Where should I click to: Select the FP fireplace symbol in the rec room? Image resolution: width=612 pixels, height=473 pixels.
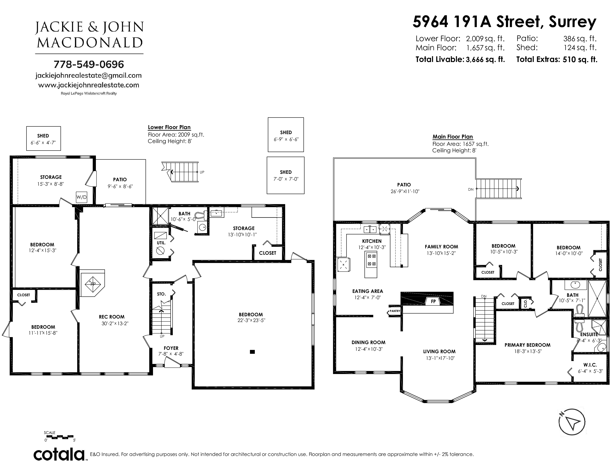click(93, 283)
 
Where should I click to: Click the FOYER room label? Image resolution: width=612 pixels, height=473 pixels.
click(171, 348)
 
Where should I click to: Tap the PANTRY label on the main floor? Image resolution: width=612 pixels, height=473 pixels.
click(395, 311)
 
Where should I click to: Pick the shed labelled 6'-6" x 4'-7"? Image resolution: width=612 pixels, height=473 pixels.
click(43, 138)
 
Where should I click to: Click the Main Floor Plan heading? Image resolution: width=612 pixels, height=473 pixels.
click(453, 137)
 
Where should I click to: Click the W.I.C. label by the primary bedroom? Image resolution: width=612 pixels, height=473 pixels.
click(590, 365)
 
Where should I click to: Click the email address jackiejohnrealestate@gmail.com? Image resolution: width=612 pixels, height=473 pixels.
click(88, 75)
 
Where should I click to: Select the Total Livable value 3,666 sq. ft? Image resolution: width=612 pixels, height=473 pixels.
click(485, 59)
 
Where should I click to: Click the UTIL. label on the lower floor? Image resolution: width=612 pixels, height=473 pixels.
click(161, 243)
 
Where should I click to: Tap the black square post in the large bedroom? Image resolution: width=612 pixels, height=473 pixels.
click(252, 352)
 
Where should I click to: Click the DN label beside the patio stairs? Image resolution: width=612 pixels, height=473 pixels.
click(471, 189)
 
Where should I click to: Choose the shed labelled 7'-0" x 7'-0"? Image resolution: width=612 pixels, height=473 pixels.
click(286, 175)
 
